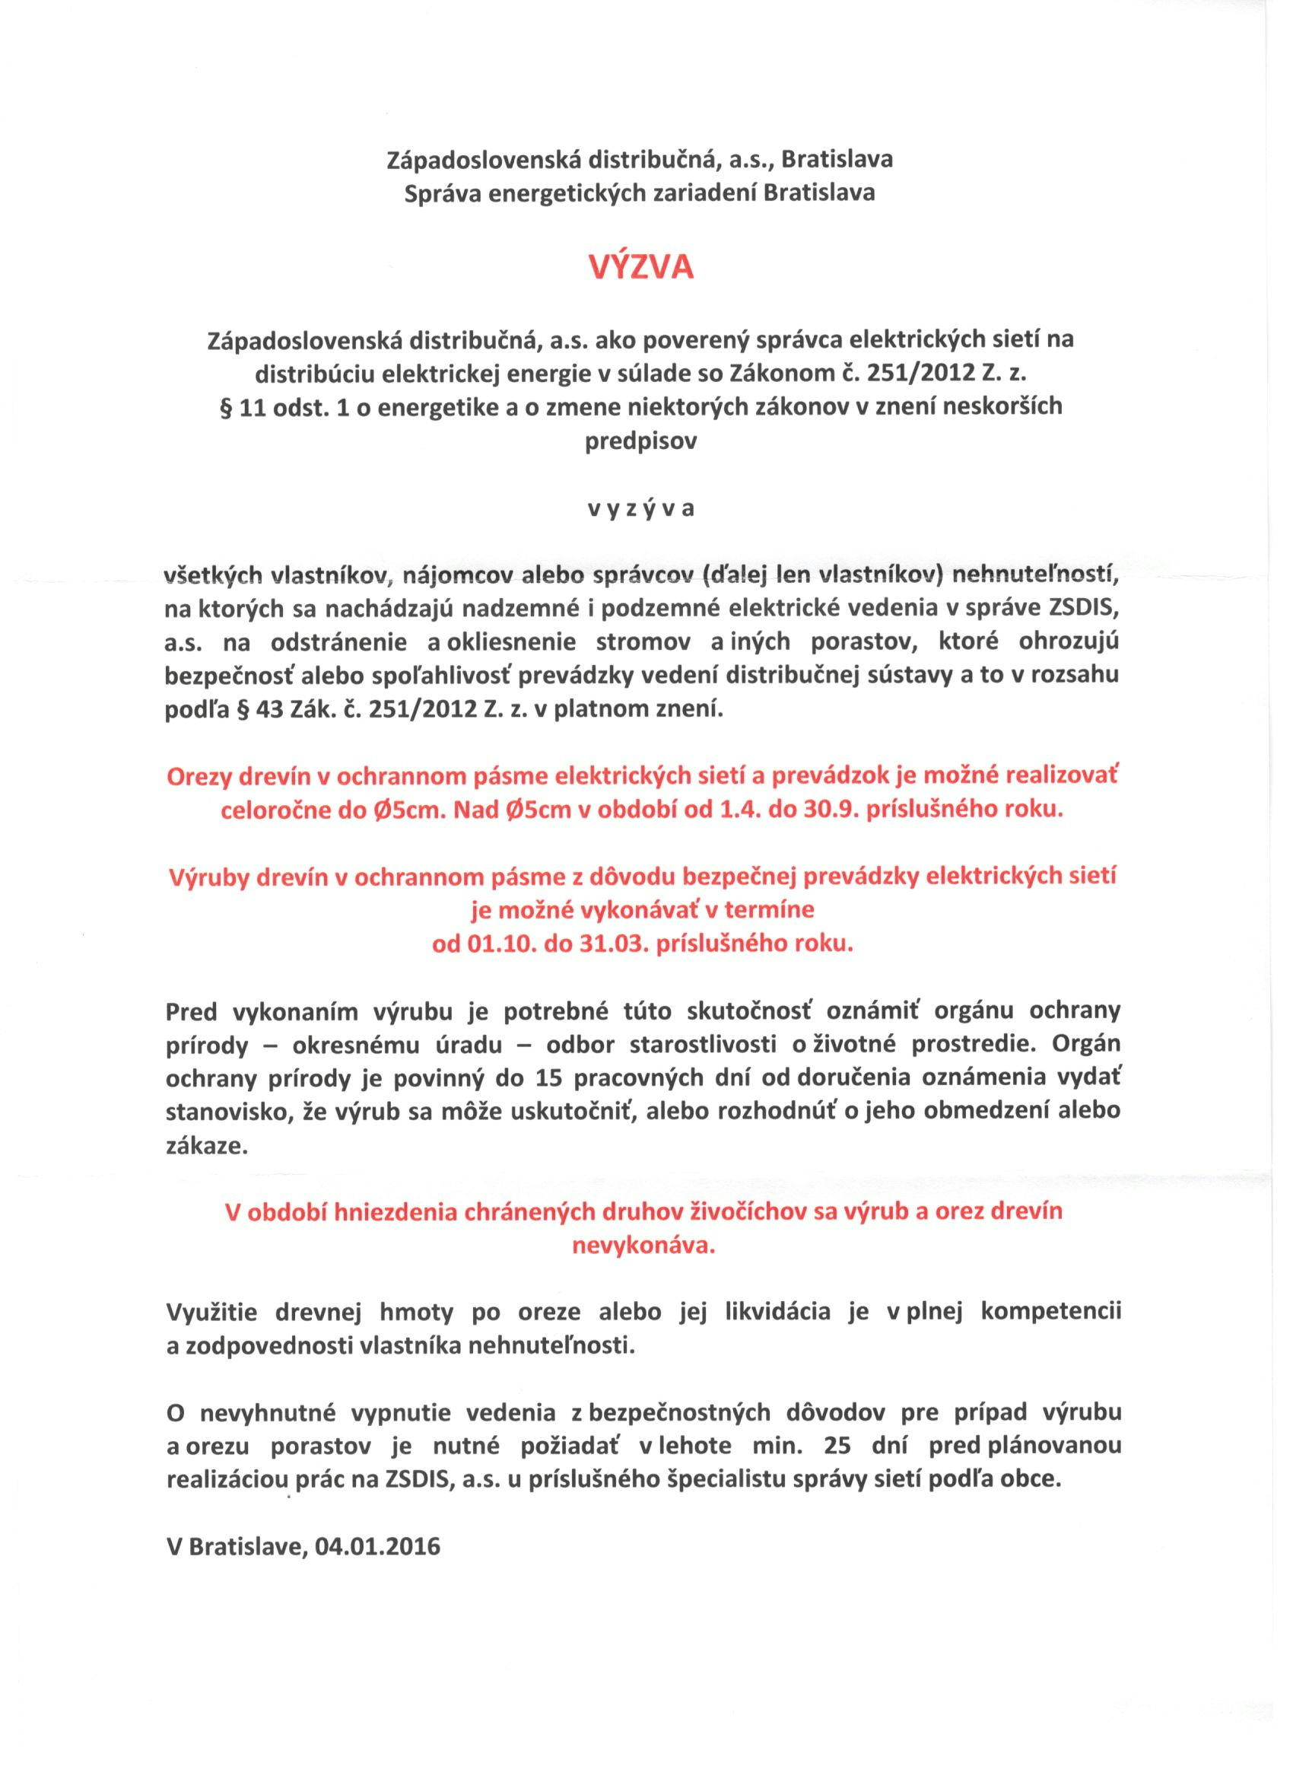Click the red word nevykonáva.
tap(643, 1246)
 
